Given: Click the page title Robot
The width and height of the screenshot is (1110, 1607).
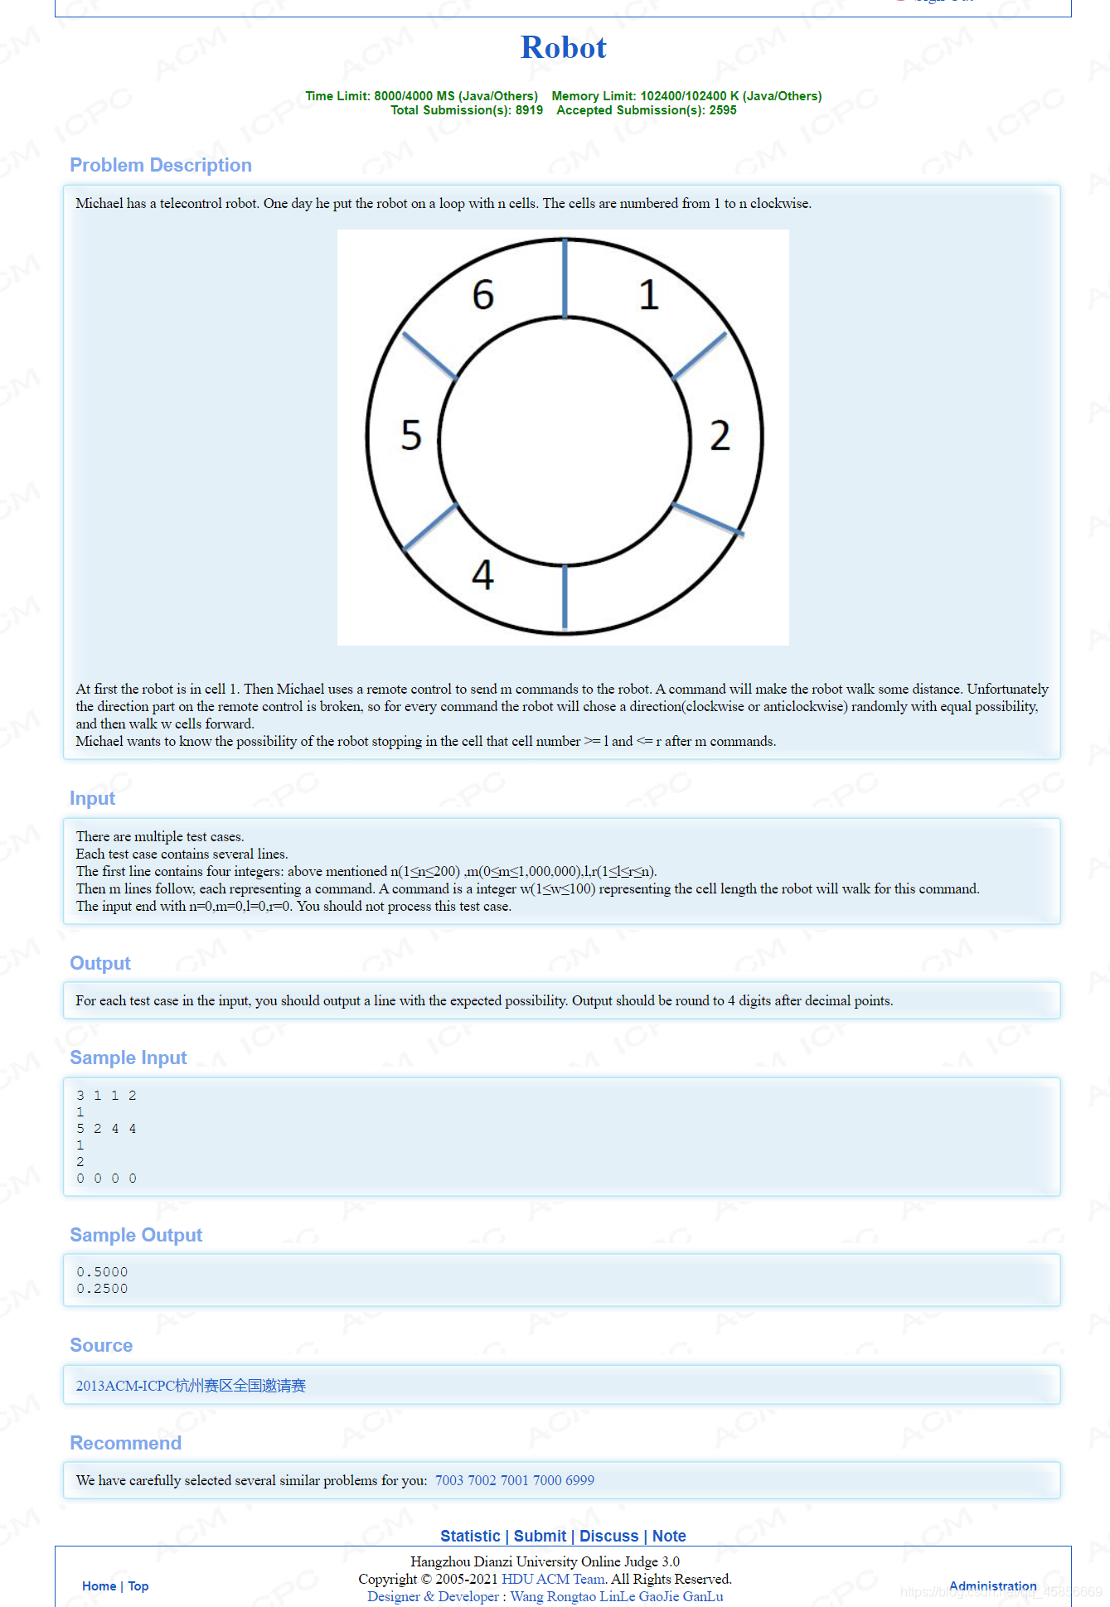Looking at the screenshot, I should pos(563,48).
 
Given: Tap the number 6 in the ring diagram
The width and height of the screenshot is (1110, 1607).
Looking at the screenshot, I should pos(483,295).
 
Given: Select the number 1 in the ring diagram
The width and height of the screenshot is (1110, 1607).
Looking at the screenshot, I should pos(648,295).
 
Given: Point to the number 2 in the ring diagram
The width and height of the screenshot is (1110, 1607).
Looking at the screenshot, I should pos(720,436).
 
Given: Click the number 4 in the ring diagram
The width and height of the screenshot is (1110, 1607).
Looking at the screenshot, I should pos(482,574).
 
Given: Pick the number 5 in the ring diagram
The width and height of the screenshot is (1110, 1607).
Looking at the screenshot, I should pos(411,436).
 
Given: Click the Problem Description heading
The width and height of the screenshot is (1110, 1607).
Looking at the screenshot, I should pos(161,165).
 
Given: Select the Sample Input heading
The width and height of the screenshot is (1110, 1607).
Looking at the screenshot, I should pos(128,1058).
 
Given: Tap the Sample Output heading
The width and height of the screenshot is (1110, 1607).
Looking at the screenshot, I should pos(136,1235).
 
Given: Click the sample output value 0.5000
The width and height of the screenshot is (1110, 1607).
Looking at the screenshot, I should pos(102,1272).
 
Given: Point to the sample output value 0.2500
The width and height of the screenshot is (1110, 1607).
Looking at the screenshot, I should pos(102,1289).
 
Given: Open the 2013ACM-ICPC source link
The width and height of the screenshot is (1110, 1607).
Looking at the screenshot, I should pos(191,1386).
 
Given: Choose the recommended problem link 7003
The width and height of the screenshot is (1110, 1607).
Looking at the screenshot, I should pos(448,1480).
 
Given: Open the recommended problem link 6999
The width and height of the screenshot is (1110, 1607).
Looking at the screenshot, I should pos(579,1480).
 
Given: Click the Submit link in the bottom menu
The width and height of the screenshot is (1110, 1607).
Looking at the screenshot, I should pos(540,1536).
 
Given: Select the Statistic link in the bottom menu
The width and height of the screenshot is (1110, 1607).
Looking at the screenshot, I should pos(470,1536).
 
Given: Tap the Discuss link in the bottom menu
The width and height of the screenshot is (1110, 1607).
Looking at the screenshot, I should pos(608,1536).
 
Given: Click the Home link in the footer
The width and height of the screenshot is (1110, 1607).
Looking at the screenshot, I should pos(99,1585).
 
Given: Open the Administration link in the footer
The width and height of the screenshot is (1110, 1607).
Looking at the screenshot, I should pos(992,1585).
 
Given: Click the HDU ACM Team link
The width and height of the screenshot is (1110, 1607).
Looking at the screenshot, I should pos(553,1579).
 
